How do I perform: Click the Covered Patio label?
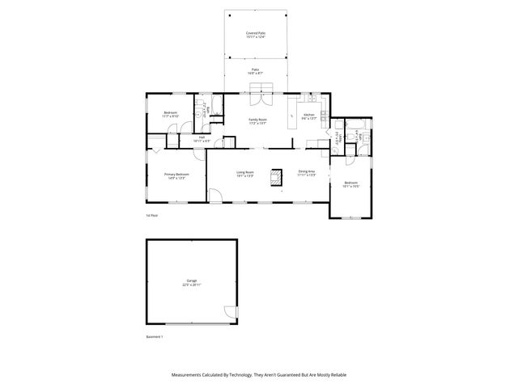pos(256,34)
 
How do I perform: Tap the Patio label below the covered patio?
pos(256,71)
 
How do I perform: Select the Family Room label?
pos(257,120)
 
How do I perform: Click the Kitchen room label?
pos(308,116)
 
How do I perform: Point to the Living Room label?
pos(245,173)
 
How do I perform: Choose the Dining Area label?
pos(306,173)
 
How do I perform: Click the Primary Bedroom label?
pos(176,175)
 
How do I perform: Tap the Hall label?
pos(202,139)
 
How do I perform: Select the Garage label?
pos(191,283)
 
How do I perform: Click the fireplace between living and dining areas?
pos(277,176)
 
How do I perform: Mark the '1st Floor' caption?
pos(151,216)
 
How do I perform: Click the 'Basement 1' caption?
pos(155,336)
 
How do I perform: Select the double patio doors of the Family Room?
pos(257,99)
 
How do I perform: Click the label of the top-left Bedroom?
pos(170,114)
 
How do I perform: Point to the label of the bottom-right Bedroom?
pos(350,184)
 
